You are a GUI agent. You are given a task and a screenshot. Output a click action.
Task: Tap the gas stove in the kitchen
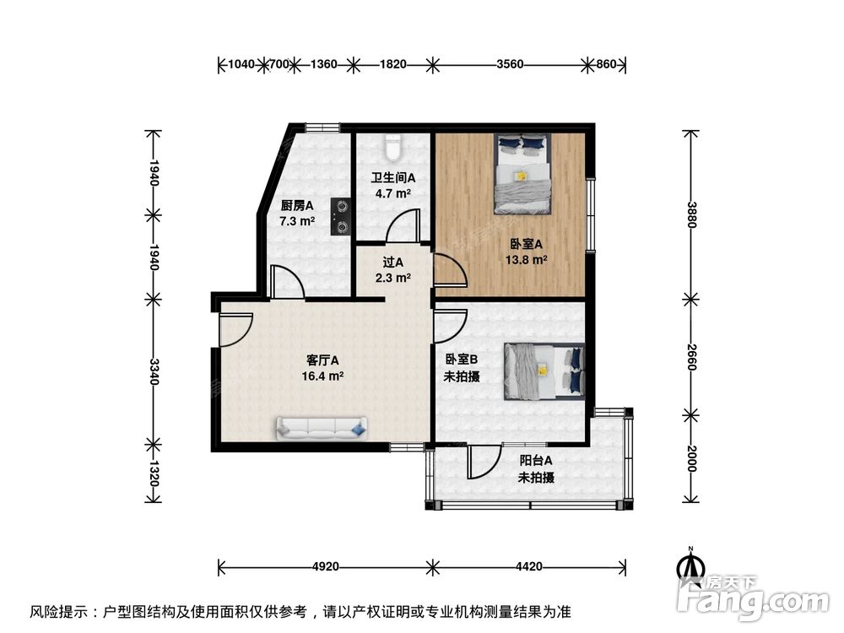pos(341,214)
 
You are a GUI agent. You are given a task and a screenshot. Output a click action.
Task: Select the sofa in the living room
pos(320,429)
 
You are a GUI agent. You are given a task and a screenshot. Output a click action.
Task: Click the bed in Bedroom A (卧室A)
pos(522,172)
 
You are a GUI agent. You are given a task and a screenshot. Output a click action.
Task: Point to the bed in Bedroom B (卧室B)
pos(544,371)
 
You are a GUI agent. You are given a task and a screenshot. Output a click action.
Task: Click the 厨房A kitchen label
pos(297,205)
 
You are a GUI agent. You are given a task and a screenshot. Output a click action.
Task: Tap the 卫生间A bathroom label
pos(393,178)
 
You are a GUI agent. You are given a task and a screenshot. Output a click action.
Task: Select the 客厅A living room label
pos(322,360)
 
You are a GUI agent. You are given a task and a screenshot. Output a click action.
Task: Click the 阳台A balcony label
pos(536,461)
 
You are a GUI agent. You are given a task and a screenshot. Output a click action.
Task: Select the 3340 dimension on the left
pos(153,371)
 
